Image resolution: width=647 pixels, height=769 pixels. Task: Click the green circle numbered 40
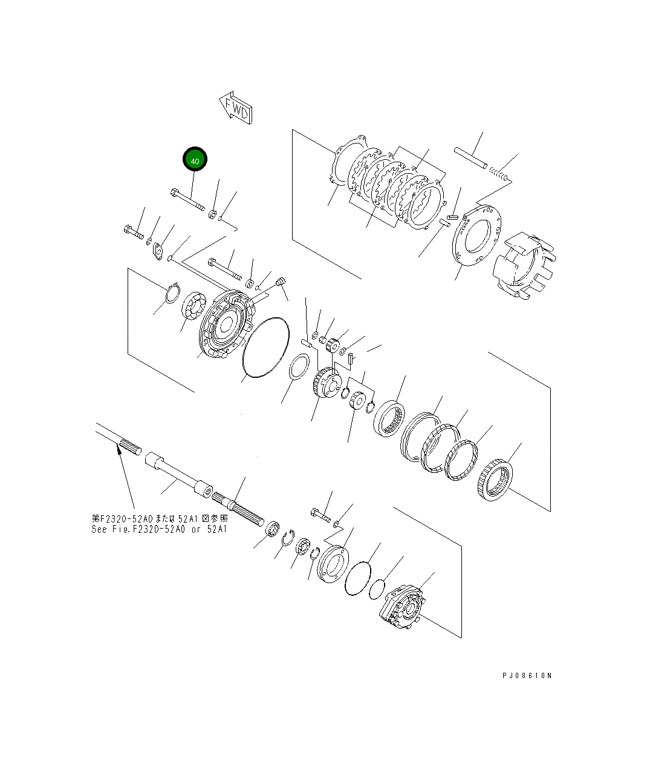195,161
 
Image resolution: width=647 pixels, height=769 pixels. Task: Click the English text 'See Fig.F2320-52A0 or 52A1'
159,529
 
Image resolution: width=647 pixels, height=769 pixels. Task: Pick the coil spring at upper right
499,175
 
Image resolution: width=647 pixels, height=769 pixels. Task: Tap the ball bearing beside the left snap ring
195,306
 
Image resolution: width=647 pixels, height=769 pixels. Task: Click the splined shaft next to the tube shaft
239,506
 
